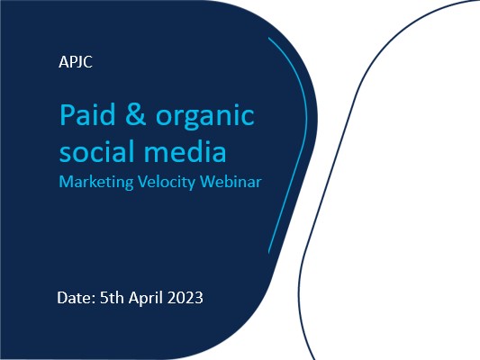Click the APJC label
pos(76,62)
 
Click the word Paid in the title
pos(87,114)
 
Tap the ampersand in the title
pos(136,114)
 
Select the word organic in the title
pos(205,118)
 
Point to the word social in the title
pos(96,151)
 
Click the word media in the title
pos(186,151)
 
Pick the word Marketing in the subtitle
pos(96,183)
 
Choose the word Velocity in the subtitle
pos(167,183)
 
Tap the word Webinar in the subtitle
pos(231,182)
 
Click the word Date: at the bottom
pos(77,298)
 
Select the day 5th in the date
pos(112,298)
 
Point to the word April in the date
pos(145,298)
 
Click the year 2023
pos(185,298)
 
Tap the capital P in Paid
pos(67,114)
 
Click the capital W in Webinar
pos(209,182)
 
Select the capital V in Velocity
pos(143,182)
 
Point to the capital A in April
pos(134,298)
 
